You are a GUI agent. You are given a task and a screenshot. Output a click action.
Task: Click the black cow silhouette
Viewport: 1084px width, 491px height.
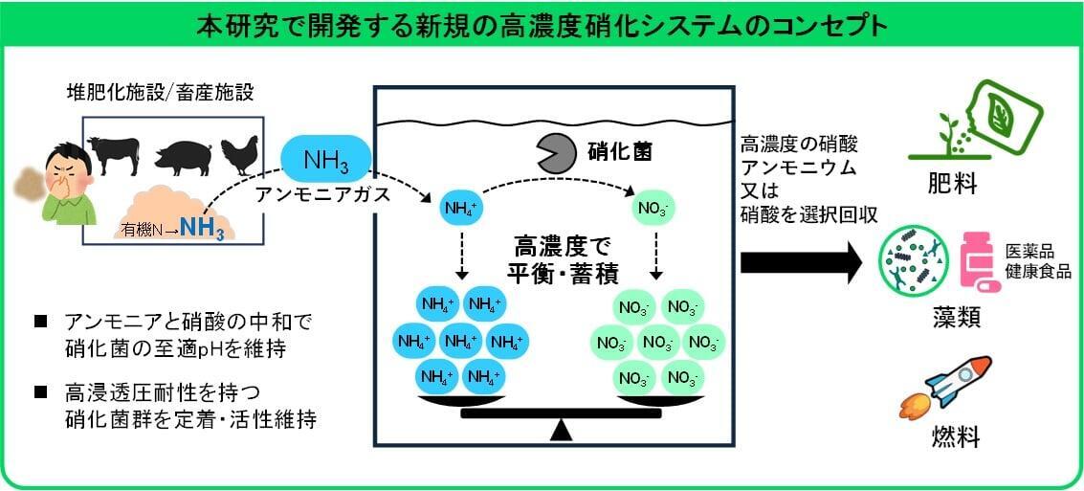pos(114,153)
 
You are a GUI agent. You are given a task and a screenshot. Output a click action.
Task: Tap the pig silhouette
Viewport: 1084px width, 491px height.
pos(180,156)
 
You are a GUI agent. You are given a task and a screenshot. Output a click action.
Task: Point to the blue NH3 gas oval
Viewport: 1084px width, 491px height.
pos(324,159)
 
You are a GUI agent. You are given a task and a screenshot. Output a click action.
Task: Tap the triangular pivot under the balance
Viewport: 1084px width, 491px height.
pos(561,433)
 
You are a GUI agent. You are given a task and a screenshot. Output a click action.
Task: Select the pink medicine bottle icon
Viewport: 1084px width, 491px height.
pos(976,260)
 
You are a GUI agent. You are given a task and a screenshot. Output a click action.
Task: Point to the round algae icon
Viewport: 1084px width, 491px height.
pos(917,260)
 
